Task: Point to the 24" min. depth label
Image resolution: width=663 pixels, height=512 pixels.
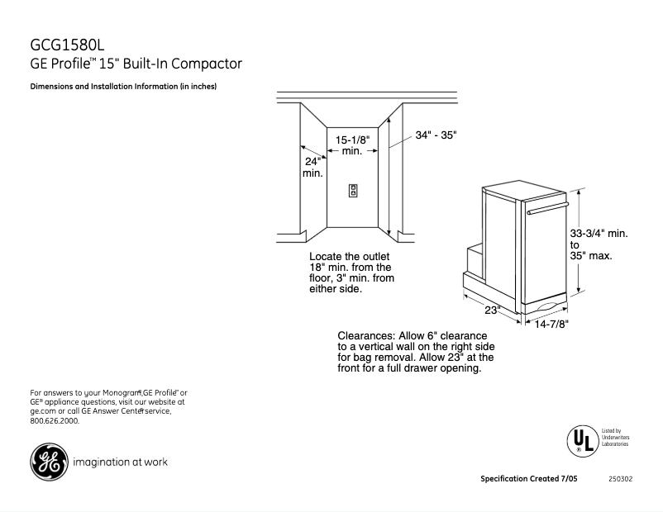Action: [x=312, y=167]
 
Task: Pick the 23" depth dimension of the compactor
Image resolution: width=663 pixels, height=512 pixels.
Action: [x=493, y=311]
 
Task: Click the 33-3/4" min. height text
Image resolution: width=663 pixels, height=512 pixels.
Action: [x=599, y=234]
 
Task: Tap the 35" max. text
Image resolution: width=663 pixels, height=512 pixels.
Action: [x=591, y=256]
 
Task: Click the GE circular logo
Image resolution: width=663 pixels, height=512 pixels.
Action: [x=49, y=462]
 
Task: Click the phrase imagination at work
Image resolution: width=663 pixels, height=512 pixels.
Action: [x=121, y=462]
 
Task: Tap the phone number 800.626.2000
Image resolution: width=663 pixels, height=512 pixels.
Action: [x=55, y=420]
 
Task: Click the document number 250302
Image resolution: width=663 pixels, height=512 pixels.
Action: [x=620, y=479]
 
